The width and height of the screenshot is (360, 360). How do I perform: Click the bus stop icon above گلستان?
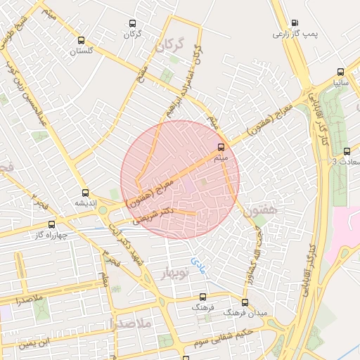(x=82, y=40)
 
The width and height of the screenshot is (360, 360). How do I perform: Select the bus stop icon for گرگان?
(x=131, y=22)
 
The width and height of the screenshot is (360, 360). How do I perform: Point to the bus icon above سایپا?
(x=341, y=72)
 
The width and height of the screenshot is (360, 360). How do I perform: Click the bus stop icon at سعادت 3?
(x=346, y=151)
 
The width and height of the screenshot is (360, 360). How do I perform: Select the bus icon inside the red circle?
(x=221, y=148)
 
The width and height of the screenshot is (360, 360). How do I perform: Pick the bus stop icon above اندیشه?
(x=86, y=193)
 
